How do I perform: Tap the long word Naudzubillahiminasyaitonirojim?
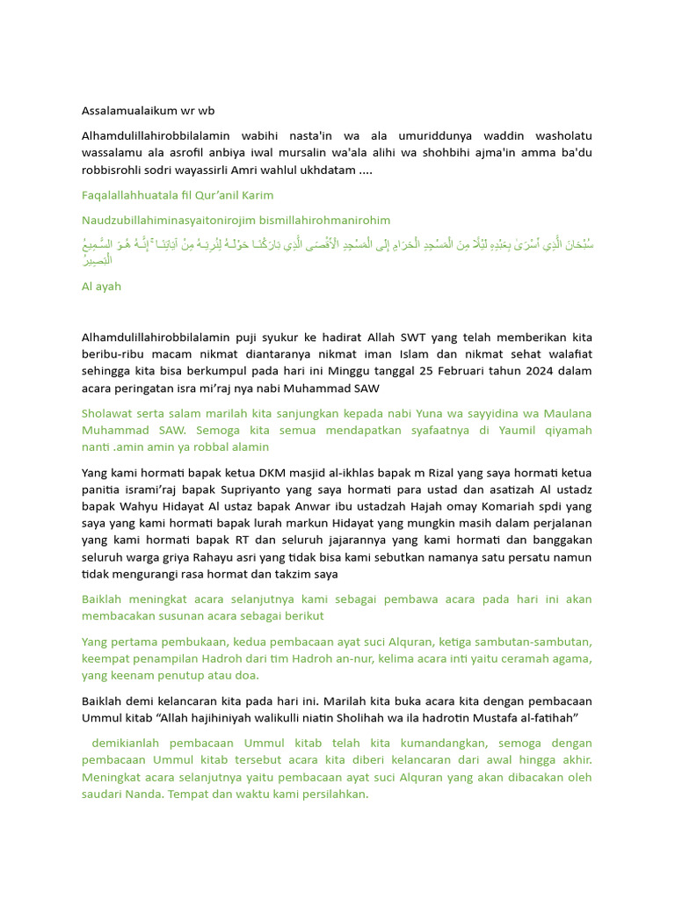174,220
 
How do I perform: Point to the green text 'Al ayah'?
101,287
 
